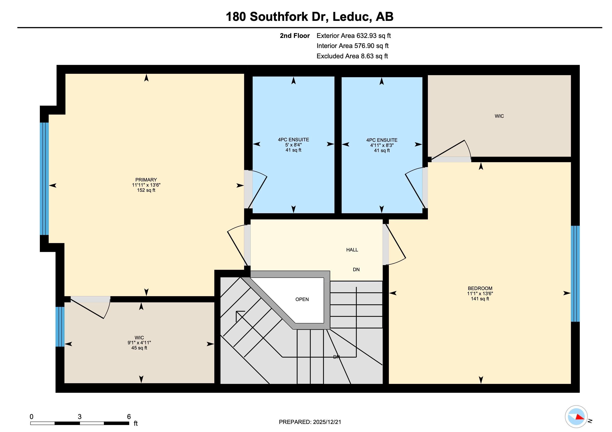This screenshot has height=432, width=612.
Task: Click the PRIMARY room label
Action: click(146, 180)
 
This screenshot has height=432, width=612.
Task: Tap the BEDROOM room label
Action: click(480, 288)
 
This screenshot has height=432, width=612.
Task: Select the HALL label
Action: click(352, 250)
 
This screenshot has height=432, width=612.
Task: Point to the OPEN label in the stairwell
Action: click(302, 299)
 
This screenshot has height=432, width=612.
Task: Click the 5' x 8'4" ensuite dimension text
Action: click(293, 145)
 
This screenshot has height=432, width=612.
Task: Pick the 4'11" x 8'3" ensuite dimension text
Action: click(382, 145)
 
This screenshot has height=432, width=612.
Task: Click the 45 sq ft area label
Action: click(139, 348)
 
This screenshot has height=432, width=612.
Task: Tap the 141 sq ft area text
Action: click(480, 299)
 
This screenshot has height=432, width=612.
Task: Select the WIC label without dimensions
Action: click(499, 116)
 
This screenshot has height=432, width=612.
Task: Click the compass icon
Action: click(576, 417)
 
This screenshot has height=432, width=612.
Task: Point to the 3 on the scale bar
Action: click(80, 417)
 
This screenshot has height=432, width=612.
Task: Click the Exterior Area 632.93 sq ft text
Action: click(354, 36)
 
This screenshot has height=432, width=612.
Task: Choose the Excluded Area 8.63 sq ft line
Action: click(352, 56)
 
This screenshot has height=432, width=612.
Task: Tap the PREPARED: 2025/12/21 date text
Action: click(310, 422)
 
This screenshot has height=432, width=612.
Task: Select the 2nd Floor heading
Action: click(295, 36)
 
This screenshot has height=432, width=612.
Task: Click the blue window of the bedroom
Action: click(575, 274)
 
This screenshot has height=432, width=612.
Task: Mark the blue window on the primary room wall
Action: click(44, 179)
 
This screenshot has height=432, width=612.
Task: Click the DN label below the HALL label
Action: click(356, 270)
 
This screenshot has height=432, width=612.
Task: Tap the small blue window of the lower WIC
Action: click(60, 327)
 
